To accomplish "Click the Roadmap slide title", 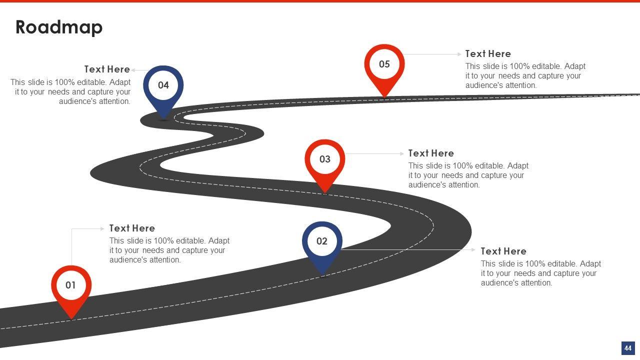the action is click(x=59, y=27).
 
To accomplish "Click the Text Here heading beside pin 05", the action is click(x=488, y=54).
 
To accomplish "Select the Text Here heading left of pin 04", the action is click(x=107, y=69).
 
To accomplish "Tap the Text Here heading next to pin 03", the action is click(x=431, y=153).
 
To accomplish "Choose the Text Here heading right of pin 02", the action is click(x=503, y=251).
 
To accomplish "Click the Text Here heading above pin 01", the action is click(x=132, y=228).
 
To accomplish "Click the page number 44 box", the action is click(x=627, y=348).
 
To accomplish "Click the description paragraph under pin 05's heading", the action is click(x=525, y=76).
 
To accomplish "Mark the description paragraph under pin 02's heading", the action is click(x=540, y=273).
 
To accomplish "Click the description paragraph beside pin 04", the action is click(x=70, y=92).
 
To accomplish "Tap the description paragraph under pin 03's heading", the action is click(x=468, y=175).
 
